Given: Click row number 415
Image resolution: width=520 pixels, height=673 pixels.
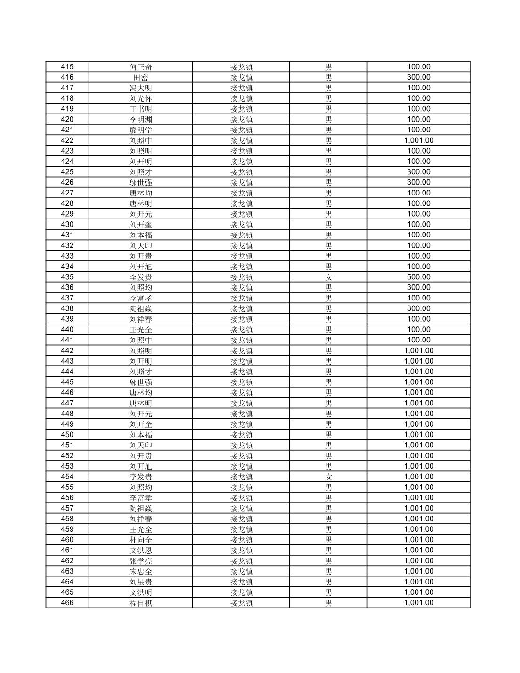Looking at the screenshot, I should point(67,67).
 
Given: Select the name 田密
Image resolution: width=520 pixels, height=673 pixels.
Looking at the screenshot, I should point(141,77).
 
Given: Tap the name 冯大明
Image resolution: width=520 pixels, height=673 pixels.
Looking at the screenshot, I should point(141,88).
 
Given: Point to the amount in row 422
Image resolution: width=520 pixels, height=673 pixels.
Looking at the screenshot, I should point(418,140).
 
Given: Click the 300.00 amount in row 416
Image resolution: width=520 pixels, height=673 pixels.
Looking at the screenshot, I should point(418,77).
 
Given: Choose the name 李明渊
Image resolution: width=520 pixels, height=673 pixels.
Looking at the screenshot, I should point(141,120).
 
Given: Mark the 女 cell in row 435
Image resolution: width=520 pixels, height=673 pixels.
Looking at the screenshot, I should point(328,277).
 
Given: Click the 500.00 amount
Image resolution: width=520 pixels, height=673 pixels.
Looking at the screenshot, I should point(418,277).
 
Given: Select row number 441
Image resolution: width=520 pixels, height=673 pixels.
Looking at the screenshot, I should point(67,340).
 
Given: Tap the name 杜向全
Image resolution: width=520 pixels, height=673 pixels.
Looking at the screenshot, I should point(141,540).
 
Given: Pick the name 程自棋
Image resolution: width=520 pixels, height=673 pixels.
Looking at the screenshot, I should point(141,603).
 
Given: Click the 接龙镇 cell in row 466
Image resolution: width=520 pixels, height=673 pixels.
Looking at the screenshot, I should point(241,603).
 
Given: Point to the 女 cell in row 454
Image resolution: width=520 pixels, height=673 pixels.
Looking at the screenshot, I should point(328,477).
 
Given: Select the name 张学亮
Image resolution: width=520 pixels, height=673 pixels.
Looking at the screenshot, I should point(141,561).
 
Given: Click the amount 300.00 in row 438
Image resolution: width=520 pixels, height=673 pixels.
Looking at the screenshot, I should point(418,308).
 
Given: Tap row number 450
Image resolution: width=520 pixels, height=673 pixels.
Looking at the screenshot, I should point(67,435).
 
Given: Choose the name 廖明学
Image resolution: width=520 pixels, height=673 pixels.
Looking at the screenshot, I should point(141,130).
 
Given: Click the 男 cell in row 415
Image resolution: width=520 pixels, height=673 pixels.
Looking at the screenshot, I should point(328,67).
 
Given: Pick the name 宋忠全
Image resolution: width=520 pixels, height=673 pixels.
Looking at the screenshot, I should point(141,571).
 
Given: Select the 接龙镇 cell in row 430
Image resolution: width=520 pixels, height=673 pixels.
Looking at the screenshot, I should point(241,225).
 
